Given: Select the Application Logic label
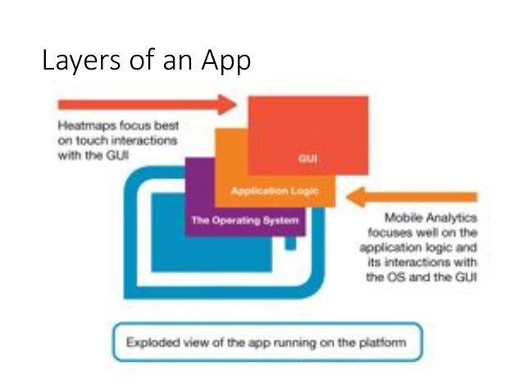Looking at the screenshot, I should click(x=271, y=191).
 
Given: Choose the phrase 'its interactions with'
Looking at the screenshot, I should click(x=425, y=263).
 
